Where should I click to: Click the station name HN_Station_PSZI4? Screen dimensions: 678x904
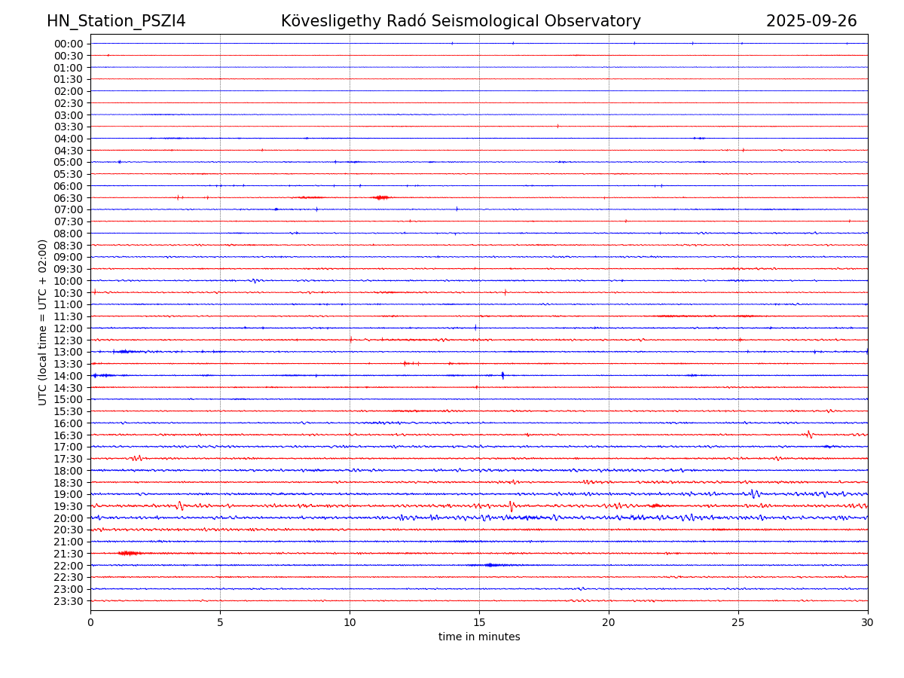pos(116,22)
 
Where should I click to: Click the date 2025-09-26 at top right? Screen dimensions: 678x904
pos(811,22)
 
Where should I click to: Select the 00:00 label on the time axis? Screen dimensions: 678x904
pos(69,44)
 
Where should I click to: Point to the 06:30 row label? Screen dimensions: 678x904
pos(69,198)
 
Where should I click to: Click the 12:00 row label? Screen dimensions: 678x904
pos(69,328)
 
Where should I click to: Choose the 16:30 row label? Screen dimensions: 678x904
pos(69,435)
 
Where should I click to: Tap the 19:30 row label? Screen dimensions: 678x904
pos(69,506)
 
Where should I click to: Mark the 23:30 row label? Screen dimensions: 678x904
pos(69,601)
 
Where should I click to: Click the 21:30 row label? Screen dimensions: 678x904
pos(69,554)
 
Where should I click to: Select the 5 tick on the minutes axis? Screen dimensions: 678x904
pos(220,623)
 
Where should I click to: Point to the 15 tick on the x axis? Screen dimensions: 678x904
pos(479,623)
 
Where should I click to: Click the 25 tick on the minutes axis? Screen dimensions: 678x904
pos(738,623)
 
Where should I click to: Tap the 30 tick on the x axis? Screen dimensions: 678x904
pos(868,623)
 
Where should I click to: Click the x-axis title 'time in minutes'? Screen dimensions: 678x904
pos(479,637)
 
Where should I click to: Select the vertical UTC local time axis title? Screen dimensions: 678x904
pos(43,322)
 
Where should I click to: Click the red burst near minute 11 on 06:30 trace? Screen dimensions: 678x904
pos(381,197)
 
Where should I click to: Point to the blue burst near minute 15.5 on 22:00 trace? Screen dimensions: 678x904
pos(490,565)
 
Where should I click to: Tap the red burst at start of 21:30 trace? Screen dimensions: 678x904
pos(129,554)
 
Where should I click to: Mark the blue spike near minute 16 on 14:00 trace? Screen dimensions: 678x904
pos(502,375)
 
